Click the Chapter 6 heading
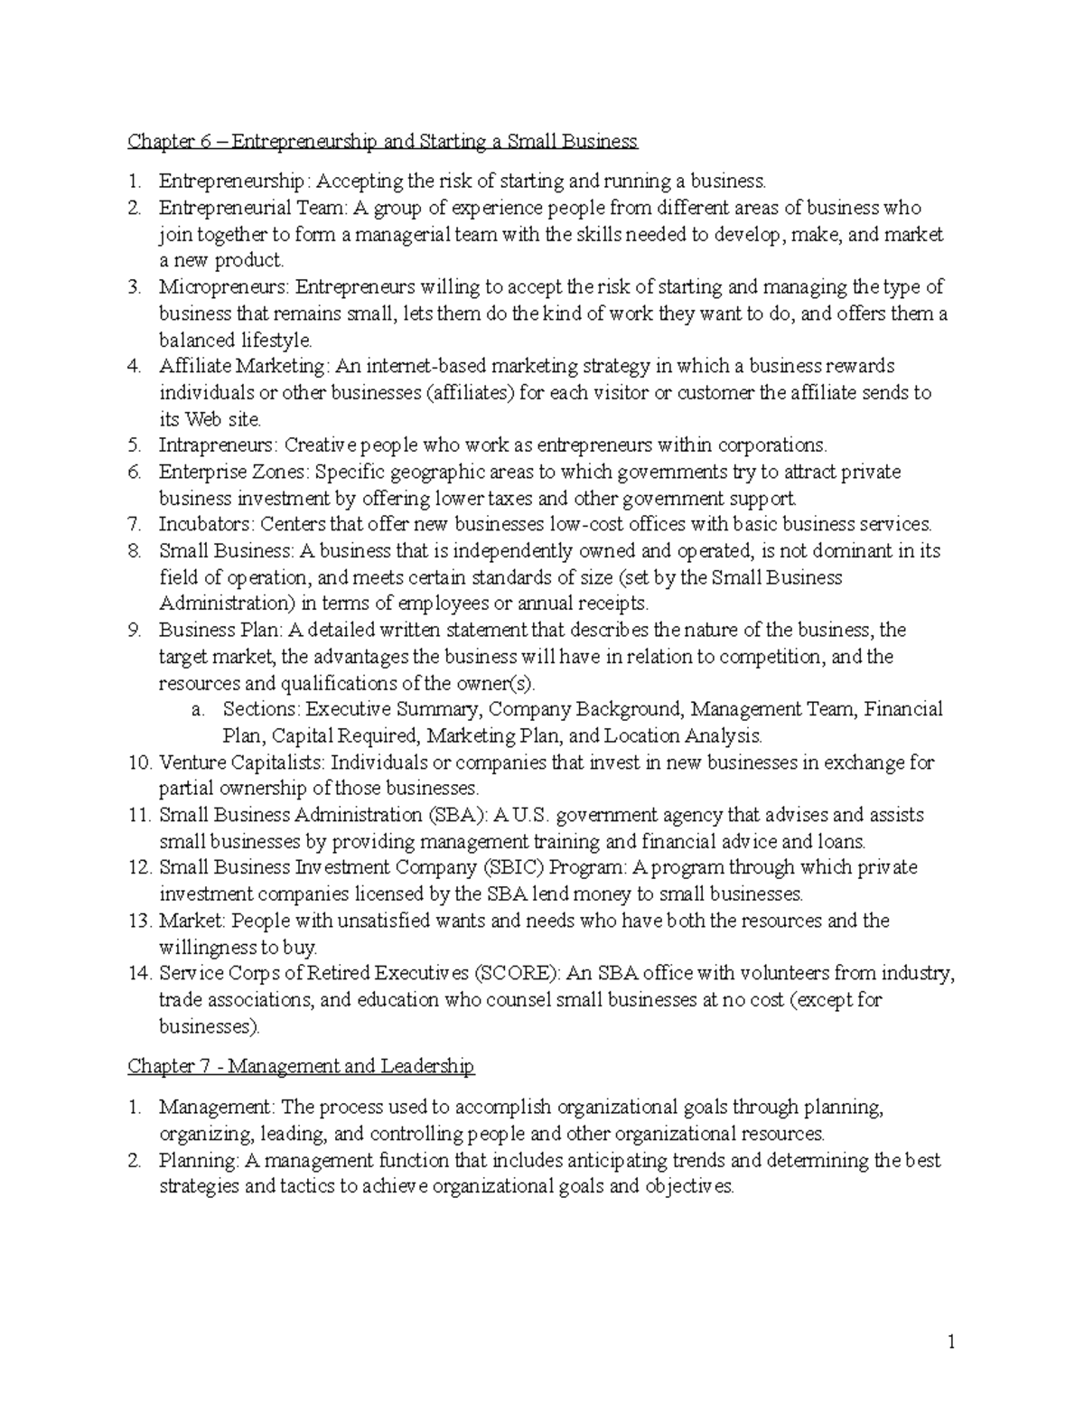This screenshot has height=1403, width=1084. click(x=382, y=141)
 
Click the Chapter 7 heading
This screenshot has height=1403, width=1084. click(x=301, y=1066)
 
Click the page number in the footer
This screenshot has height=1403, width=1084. click(x=951, y=1343)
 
